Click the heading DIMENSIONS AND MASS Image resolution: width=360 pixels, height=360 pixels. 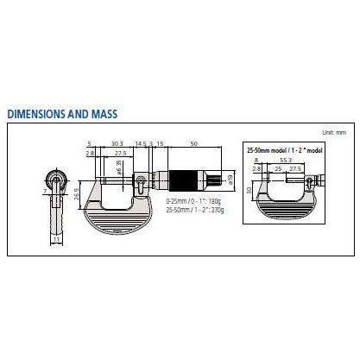pos(61,113)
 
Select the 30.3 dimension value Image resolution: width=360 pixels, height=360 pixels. pos(116,143)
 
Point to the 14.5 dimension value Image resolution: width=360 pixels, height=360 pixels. pos(141,143)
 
